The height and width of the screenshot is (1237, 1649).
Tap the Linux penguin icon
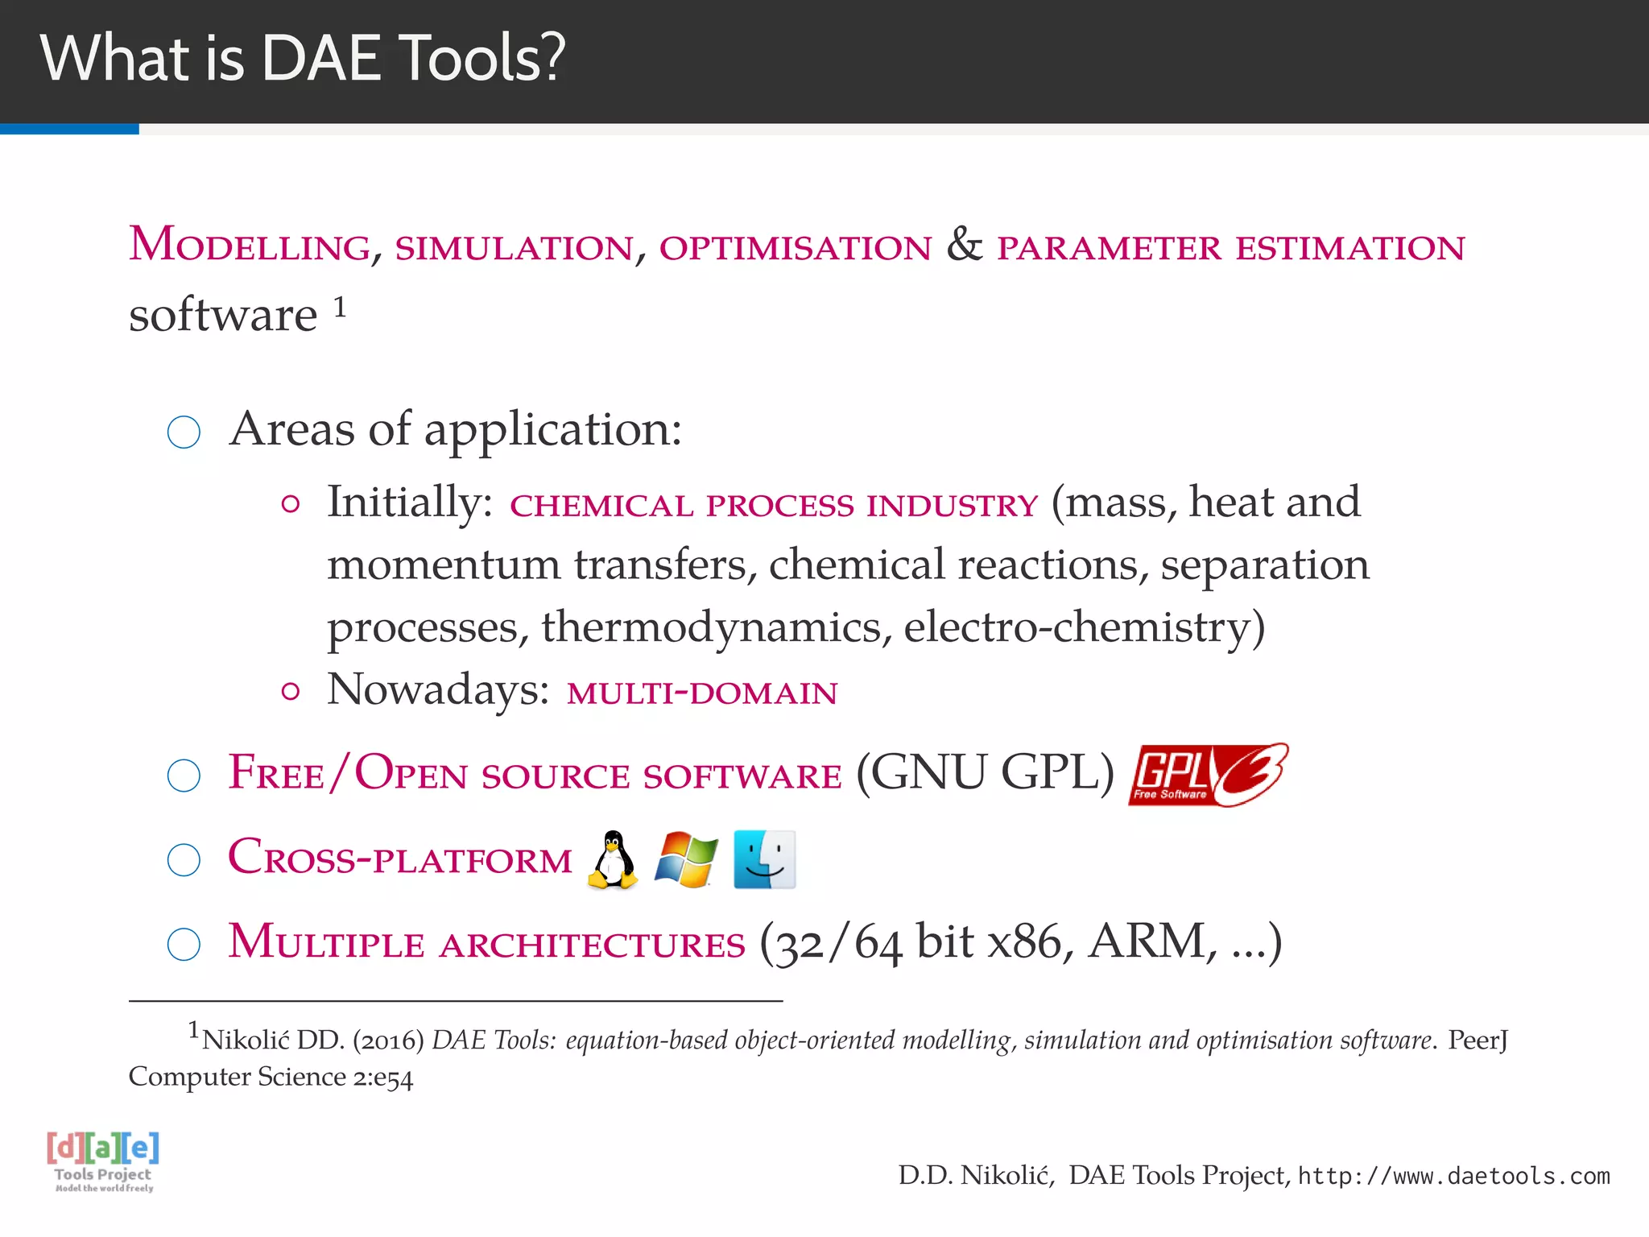click(613, 860)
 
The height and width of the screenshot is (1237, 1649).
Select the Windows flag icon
click(685, 860)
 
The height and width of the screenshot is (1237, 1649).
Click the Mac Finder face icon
click(764, 860)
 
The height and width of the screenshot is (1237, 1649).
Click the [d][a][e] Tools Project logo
click(103, 1160)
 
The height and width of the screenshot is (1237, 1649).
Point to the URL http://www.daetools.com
click(1453, 1176)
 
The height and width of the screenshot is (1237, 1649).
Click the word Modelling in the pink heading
click(250, 246)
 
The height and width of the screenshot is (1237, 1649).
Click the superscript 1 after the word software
click(340, 307)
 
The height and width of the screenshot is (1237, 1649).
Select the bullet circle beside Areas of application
click(184, 432)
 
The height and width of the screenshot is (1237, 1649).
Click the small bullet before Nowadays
click(291, 692)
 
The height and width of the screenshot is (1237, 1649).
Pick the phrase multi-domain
click(702, 693)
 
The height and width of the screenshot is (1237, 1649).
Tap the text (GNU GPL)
click(985, 773)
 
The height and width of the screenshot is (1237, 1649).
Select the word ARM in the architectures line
click(1147, 941)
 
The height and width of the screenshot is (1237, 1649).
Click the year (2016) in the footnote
click(388, 1040)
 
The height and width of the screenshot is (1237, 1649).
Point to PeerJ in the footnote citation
click(1477, 1040)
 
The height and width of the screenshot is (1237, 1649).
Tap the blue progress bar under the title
click(69, 129)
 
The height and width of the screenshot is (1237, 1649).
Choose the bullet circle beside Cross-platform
click(184, 860)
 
